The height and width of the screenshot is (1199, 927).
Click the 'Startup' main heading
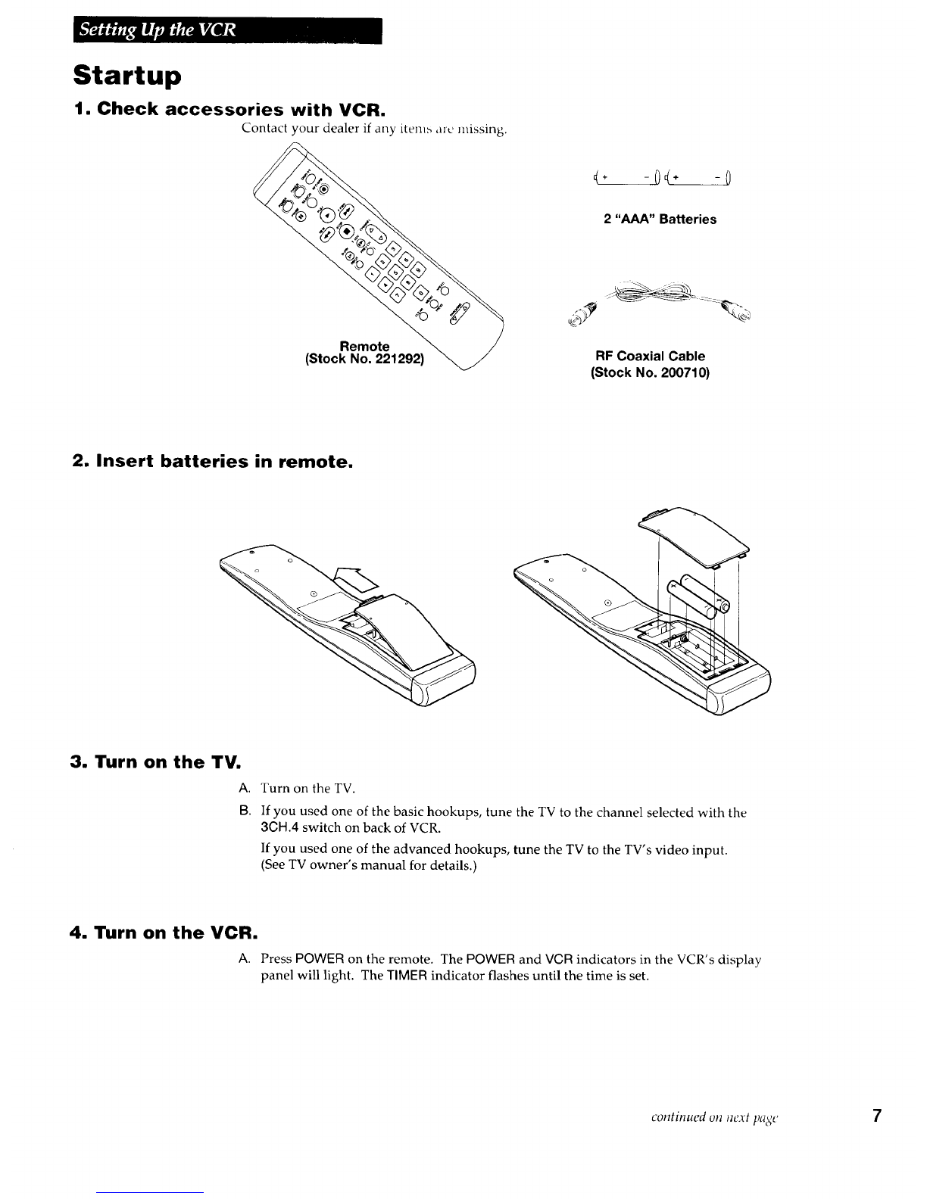coord(128,76)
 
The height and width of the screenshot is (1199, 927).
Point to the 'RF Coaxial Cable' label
coord(651,356)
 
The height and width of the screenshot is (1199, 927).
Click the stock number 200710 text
coord(649,372)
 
